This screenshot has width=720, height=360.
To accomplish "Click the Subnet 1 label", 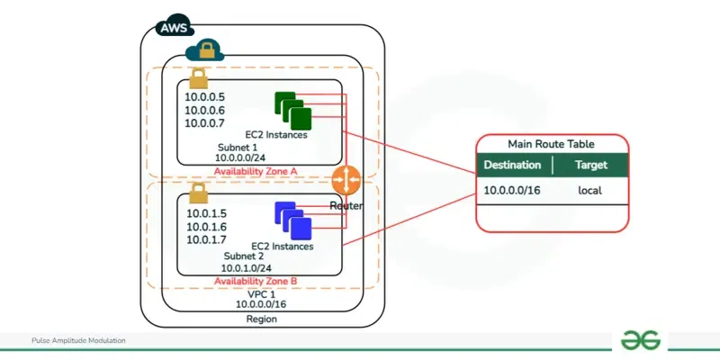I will click(x=237, y=146).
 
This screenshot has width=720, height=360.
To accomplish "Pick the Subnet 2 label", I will click(x=244, y=256).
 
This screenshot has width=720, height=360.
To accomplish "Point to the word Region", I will click(x=262, y=319).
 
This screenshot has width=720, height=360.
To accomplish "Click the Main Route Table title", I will click(x=550, y=144).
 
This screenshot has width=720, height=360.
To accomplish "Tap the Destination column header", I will click(x=512, y=166).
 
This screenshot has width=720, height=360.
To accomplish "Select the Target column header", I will click(x=590, y=166).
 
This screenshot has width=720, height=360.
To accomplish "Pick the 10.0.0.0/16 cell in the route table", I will click(x=513, y=191).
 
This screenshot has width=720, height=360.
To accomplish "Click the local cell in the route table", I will click(x=589, y=191).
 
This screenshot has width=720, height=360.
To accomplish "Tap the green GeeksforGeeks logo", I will click(x=640, y=339).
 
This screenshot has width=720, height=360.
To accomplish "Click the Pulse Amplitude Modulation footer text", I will click(x=77, y=341).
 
